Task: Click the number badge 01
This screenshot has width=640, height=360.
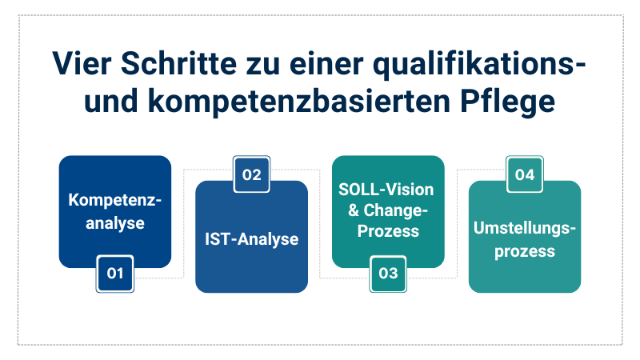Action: pos(114,274)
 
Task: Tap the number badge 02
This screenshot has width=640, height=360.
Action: pos(251,174)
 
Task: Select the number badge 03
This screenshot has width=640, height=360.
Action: pos(388,274)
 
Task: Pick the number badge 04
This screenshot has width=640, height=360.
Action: pos(525,174)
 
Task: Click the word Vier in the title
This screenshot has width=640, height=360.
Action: pos(82,64)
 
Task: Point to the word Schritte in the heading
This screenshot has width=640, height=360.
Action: pos(178,64)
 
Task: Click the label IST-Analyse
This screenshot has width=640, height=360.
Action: pos(251,239)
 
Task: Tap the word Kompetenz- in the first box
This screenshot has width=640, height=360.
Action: pos(114,201)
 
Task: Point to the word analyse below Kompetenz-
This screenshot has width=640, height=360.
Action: pos(114,223)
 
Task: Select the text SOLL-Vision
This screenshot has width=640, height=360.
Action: pos(386,190)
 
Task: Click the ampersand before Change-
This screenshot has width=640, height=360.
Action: pos(353,210)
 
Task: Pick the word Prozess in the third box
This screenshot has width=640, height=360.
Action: pos(388,231)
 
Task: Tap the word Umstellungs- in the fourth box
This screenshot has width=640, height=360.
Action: pos(525,229)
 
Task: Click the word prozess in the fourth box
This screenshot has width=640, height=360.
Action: pos(525,252)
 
